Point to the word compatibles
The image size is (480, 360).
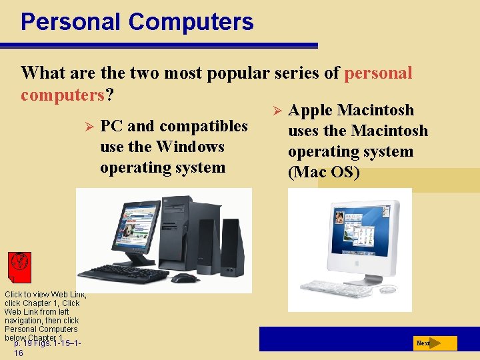point(205,126)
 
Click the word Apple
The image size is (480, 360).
point(311,110)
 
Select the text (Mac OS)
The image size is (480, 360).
point(323,173)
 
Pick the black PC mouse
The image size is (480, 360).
point(185,277)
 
